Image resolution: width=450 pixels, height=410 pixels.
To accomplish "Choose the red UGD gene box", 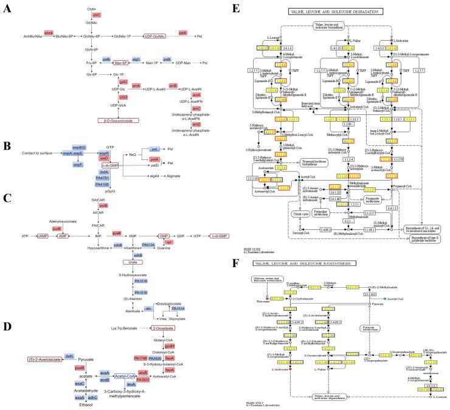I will pos(123,97).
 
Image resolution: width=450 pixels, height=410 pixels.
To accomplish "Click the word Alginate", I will pos(176,173).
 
